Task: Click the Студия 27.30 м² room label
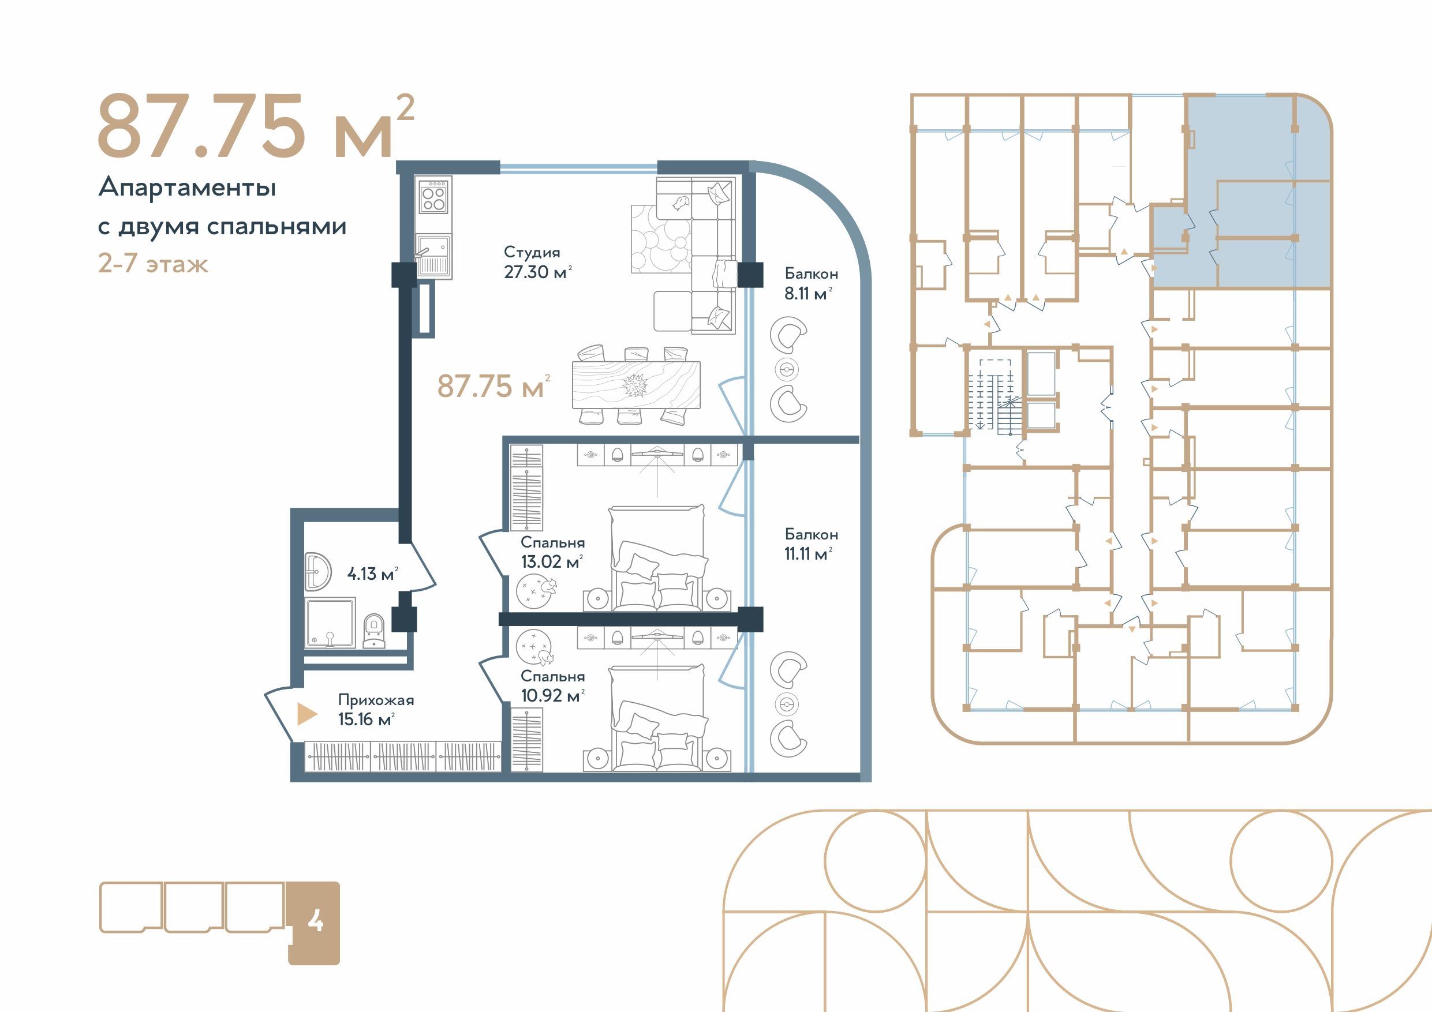click(x=537, y=263)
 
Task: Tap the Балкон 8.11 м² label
click(x=811, y=284)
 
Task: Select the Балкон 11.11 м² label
click(x=811, y=544)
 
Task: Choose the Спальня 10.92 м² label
click(x=552, y=686)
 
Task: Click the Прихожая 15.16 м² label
click(x=376, y=710)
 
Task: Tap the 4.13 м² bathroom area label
click(x=372, y=574)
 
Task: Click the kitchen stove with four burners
click(x=433, y=196)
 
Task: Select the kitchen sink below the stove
click(x=433, y=256)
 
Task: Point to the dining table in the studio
click(x=636, y=385)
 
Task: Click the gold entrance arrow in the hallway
click(x=307, y=714)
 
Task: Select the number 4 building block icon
click(x=314, y=923)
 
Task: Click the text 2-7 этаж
click(x=153, y=264)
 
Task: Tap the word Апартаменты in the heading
click(x=187, y=187)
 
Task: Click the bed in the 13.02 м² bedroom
click(x=658, y=557)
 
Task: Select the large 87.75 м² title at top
click(x=256, y=126)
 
